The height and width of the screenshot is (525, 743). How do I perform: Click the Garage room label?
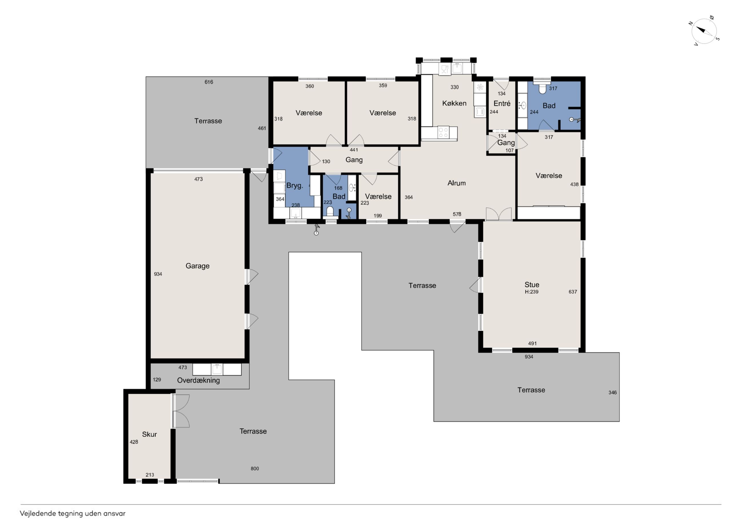197,266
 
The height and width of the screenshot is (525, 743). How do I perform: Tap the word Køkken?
454,103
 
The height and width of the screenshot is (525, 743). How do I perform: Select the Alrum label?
457,183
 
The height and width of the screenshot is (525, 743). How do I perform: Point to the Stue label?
532,285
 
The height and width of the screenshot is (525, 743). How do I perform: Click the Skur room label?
149,434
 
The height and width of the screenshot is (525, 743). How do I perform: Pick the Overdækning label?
198,380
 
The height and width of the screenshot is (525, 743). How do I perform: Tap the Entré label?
502,103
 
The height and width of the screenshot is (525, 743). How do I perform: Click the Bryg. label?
294,186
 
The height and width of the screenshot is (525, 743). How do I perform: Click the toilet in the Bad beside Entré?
543,89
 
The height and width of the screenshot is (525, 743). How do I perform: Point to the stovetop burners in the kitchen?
443,133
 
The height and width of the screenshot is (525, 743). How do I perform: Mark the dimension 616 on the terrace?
209,82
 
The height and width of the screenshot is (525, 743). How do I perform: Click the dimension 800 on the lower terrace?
255,468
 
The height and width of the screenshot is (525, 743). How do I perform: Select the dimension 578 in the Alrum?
457,214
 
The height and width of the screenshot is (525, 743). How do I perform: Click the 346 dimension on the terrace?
612,392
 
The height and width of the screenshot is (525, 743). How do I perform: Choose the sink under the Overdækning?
217,369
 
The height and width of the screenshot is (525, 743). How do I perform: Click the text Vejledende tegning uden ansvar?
73,514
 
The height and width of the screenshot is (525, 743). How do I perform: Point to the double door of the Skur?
181,411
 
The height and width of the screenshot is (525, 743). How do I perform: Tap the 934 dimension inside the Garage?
158,274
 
